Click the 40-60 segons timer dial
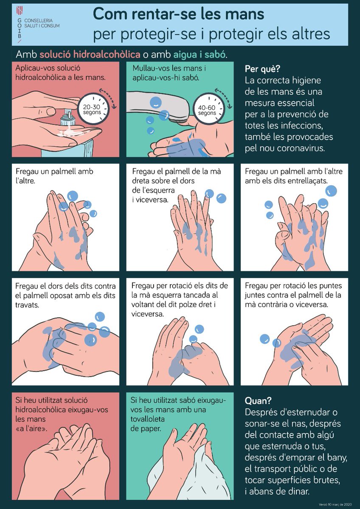(x=207, y=107)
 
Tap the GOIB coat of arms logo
(x=18, y=11)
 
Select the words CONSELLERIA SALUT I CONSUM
(x=42, y=23)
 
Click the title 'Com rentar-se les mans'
(x=178, y=14)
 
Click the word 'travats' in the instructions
(x=27, y=305)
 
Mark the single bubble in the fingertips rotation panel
(x=264, y=338)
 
